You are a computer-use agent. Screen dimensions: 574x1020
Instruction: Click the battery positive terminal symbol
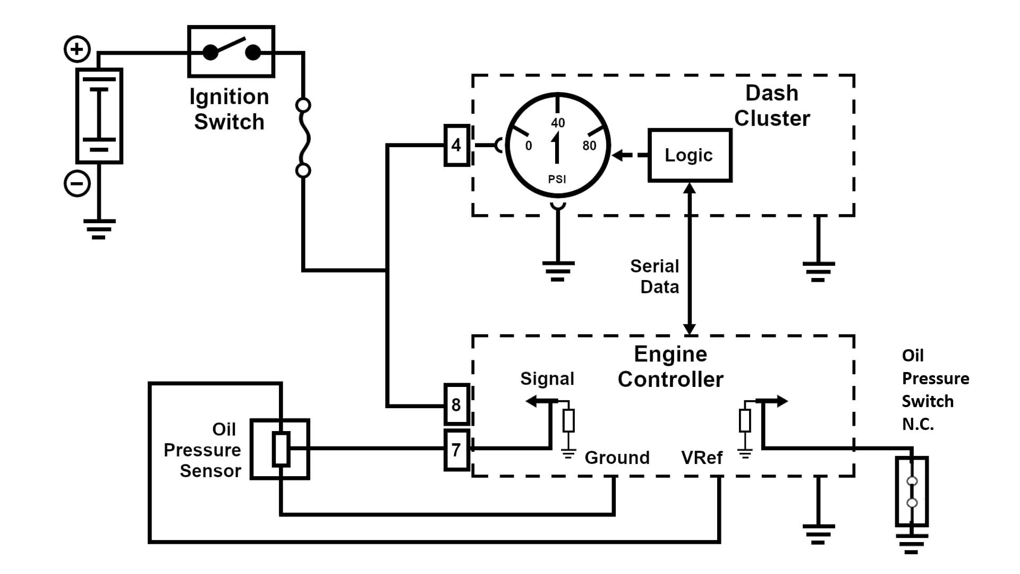(x=77, y=49)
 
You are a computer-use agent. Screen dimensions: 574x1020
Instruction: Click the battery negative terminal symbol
(x=77, y=184)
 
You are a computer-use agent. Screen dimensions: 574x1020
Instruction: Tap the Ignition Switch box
(x=231, y=52)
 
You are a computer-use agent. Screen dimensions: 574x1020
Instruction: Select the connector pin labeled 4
(x=456, y=145)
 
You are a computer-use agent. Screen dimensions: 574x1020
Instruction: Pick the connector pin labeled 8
(x=456, y=404)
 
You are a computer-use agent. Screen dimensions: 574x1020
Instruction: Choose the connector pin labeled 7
(x=456, y=450)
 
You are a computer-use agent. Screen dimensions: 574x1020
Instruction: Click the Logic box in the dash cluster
(x=690, y=155)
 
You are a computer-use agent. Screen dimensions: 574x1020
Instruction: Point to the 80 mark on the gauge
(x=589, y=146)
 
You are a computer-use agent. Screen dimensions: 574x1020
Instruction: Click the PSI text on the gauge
(x=557, y=179)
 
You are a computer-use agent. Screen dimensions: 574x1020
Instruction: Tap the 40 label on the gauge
(x=558, y=123)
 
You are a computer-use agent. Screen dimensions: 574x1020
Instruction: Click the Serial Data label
(x=655, y=276)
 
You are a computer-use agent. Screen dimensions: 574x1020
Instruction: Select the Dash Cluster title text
(x=772, y=106)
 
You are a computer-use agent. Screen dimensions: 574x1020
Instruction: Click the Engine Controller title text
(x=670, y=367)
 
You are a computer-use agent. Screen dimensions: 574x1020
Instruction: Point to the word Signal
(x=547, y=378)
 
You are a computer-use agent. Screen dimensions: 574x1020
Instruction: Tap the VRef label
(x=702, y=458)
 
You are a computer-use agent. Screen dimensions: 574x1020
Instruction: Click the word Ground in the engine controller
(x=617, y=458)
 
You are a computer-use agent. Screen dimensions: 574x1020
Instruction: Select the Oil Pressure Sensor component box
(x=280, y=450)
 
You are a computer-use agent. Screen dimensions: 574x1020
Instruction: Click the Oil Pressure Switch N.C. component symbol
(x=912, y=492)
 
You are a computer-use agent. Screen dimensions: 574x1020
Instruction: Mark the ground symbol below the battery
(x=99, y=229)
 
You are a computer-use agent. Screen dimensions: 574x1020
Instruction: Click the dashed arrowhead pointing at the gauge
(x=618, y=155)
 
